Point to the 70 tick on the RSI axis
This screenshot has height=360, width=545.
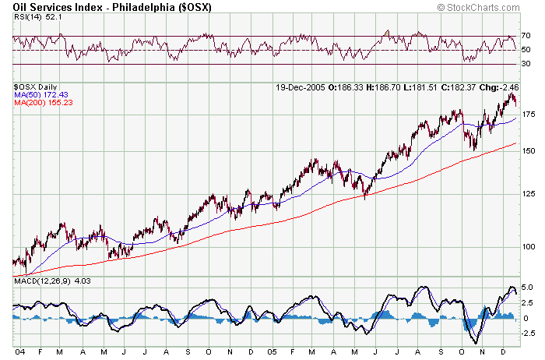526,36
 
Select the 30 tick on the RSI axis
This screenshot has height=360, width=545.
526,64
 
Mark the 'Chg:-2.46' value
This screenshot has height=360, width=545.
495,86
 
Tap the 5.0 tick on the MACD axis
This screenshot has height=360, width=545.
527,288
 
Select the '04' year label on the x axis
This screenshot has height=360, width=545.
18,352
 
